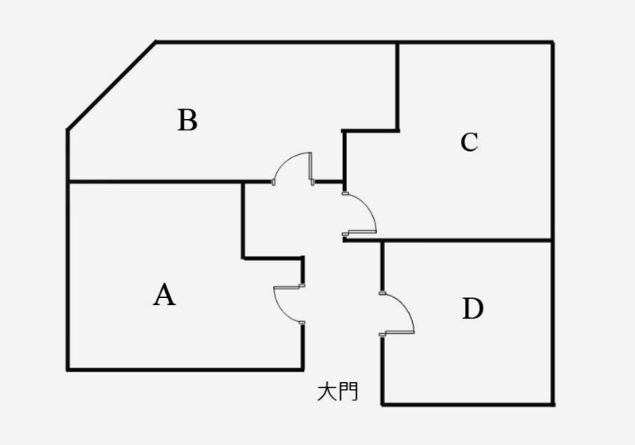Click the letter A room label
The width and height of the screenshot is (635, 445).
pos(164,295)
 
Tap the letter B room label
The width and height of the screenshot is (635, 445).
pos(187,121)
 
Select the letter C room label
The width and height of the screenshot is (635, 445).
pos(469,142)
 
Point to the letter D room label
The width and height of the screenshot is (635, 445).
pos(472,308)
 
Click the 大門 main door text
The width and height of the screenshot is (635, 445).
pos(337,391)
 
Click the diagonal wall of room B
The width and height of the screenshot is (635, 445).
pos(111,85)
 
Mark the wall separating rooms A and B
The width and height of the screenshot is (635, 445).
pos(155,183)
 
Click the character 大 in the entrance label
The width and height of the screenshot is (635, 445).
pos(326,391)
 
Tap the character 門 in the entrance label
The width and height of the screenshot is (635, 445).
pos(348,391)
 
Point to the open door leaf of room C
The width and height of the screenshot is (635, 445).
pos(360,232)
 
